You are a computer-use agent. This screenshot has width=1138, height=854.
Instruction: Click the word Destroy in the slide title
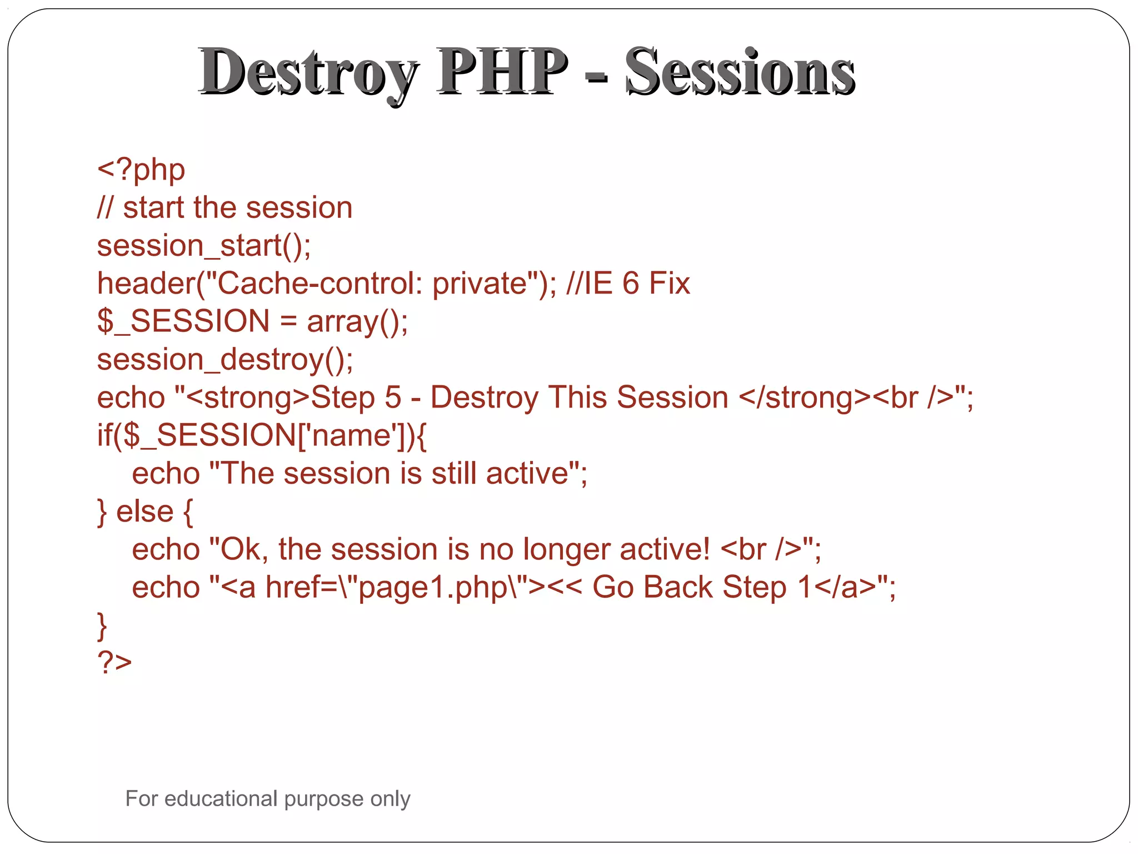tap(308, 72)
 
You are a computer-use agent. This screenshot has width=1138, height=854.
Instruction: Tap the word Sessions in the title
tap(740, 72)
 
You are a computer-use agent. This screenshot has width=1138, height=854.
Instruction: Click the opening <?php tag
tap(141, 170)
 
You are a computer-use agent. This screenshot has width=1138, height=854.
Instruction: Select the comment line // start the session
tap(224, 208)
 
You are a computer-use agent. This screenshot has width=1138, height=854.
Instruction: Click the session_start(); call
tap(204, 246)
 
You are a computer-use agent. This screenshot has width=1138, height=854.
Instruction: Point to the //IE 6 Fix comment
tap(628, 284)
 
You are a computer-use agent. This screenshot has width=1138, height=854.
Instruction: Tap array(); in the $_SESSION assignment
tap(357, 322)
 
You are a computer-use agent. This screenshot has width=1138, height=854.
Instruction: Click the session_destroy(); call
tap(225, 360)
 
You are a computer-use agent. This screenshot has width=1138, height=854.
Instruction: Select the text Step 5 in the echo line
tap(356, 398)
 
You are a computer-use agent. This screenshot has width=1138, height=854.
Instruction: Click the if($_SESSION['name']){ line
tap(262, 435)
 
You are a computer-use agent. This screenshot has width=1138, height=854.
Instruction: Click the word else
tap(144, 512)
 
